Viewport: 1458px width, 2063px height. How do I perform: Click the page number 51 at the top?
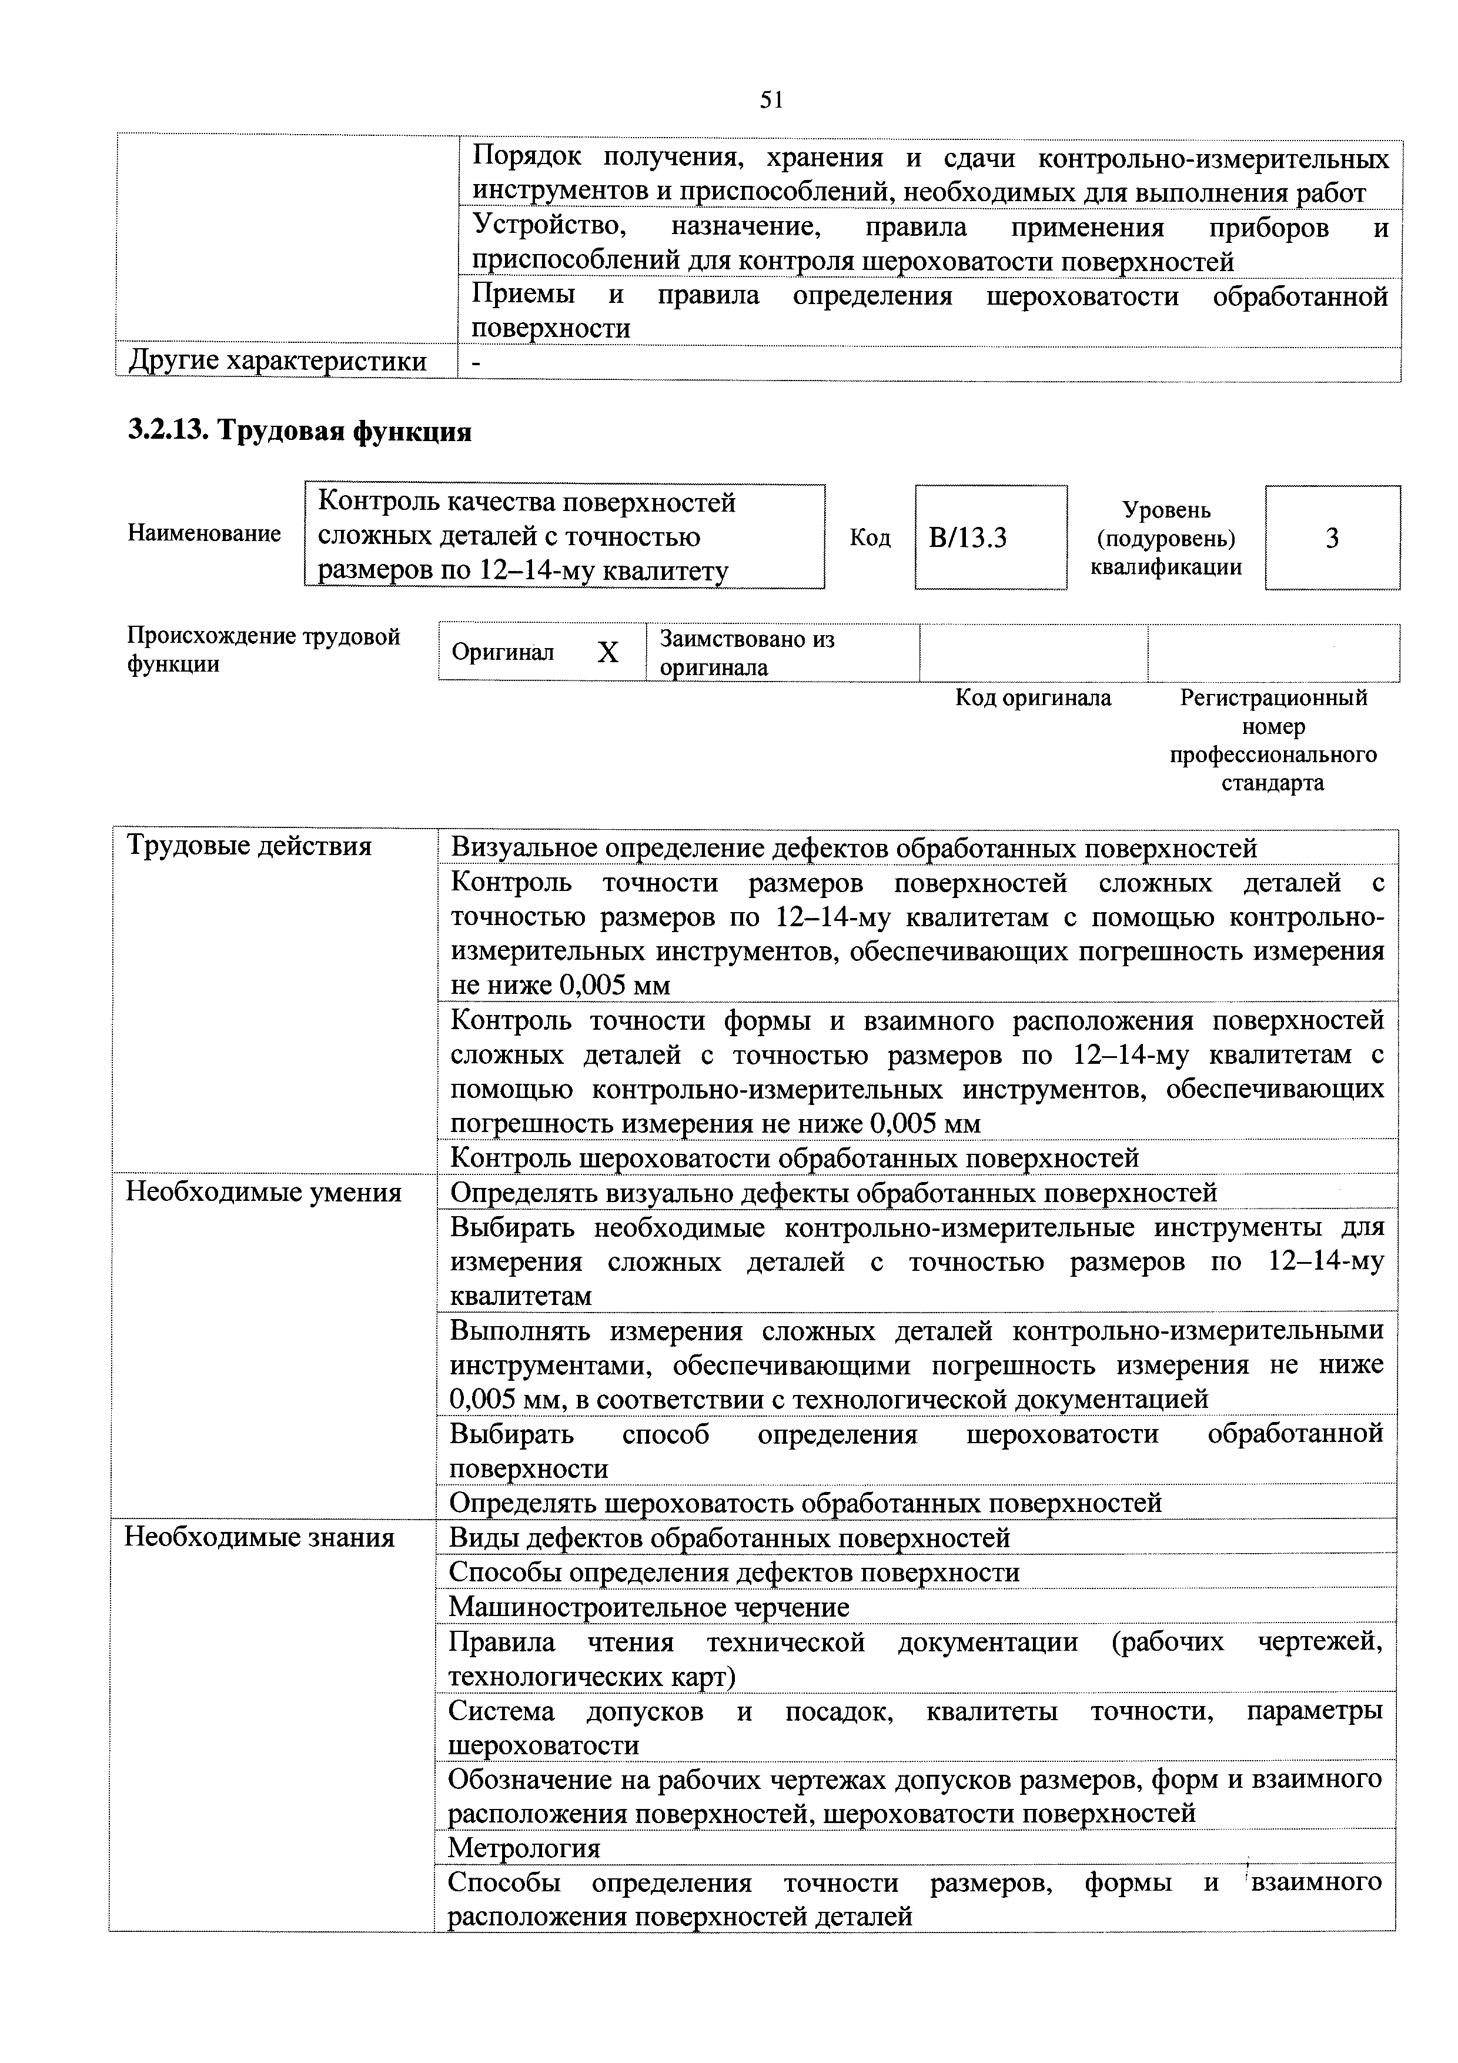tap(771, 101)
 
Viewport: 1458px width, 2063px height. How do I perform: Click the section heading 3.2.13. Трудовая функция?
tap(299, 432)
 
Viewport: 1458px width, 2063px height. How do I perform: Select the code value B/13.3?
tap(968, 538)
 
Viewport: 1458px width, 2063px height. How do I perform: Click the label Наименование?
tap(204, 534)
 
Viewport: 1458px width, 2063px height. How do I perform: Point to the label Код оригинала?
tap(1032, 698)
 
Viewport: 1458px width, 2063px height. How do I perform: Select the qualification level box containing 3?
tap(1332, 538)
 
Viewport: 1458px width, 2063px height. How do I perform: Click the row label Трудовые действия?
tap(249, 846)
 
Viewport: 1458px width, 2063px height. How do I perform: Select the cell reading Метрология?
tap(524, 1848)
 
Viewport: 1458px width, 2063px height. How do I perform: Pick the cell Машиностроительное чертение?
tap(648, 1607)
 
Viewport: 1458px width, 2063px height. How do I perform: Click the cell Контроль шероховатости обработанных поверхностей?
tap(794, 1158)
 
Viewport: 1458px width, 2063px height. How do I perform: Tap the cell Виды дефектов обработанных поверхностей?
tap(730, 1538)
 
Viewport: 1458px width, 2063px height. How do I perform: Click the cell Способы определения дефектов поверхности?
tap(734, 1573)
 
